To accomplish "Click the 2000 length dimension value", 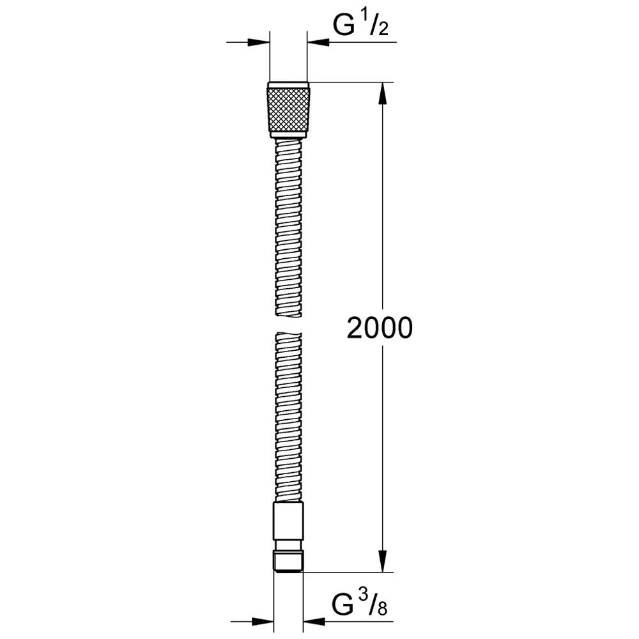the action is tap(380, 328).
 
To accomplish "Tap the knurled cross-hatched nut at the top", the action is tap(289, 109).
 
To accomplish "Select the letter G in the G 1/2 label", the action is tap(343, 27).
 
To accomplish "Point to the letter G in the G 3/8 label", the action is tap(343, 605).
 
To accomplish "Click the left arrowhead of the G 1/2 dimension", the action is tap(259, 42).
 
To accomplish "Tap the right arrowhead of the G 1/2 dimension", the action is tap(318, 42).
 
